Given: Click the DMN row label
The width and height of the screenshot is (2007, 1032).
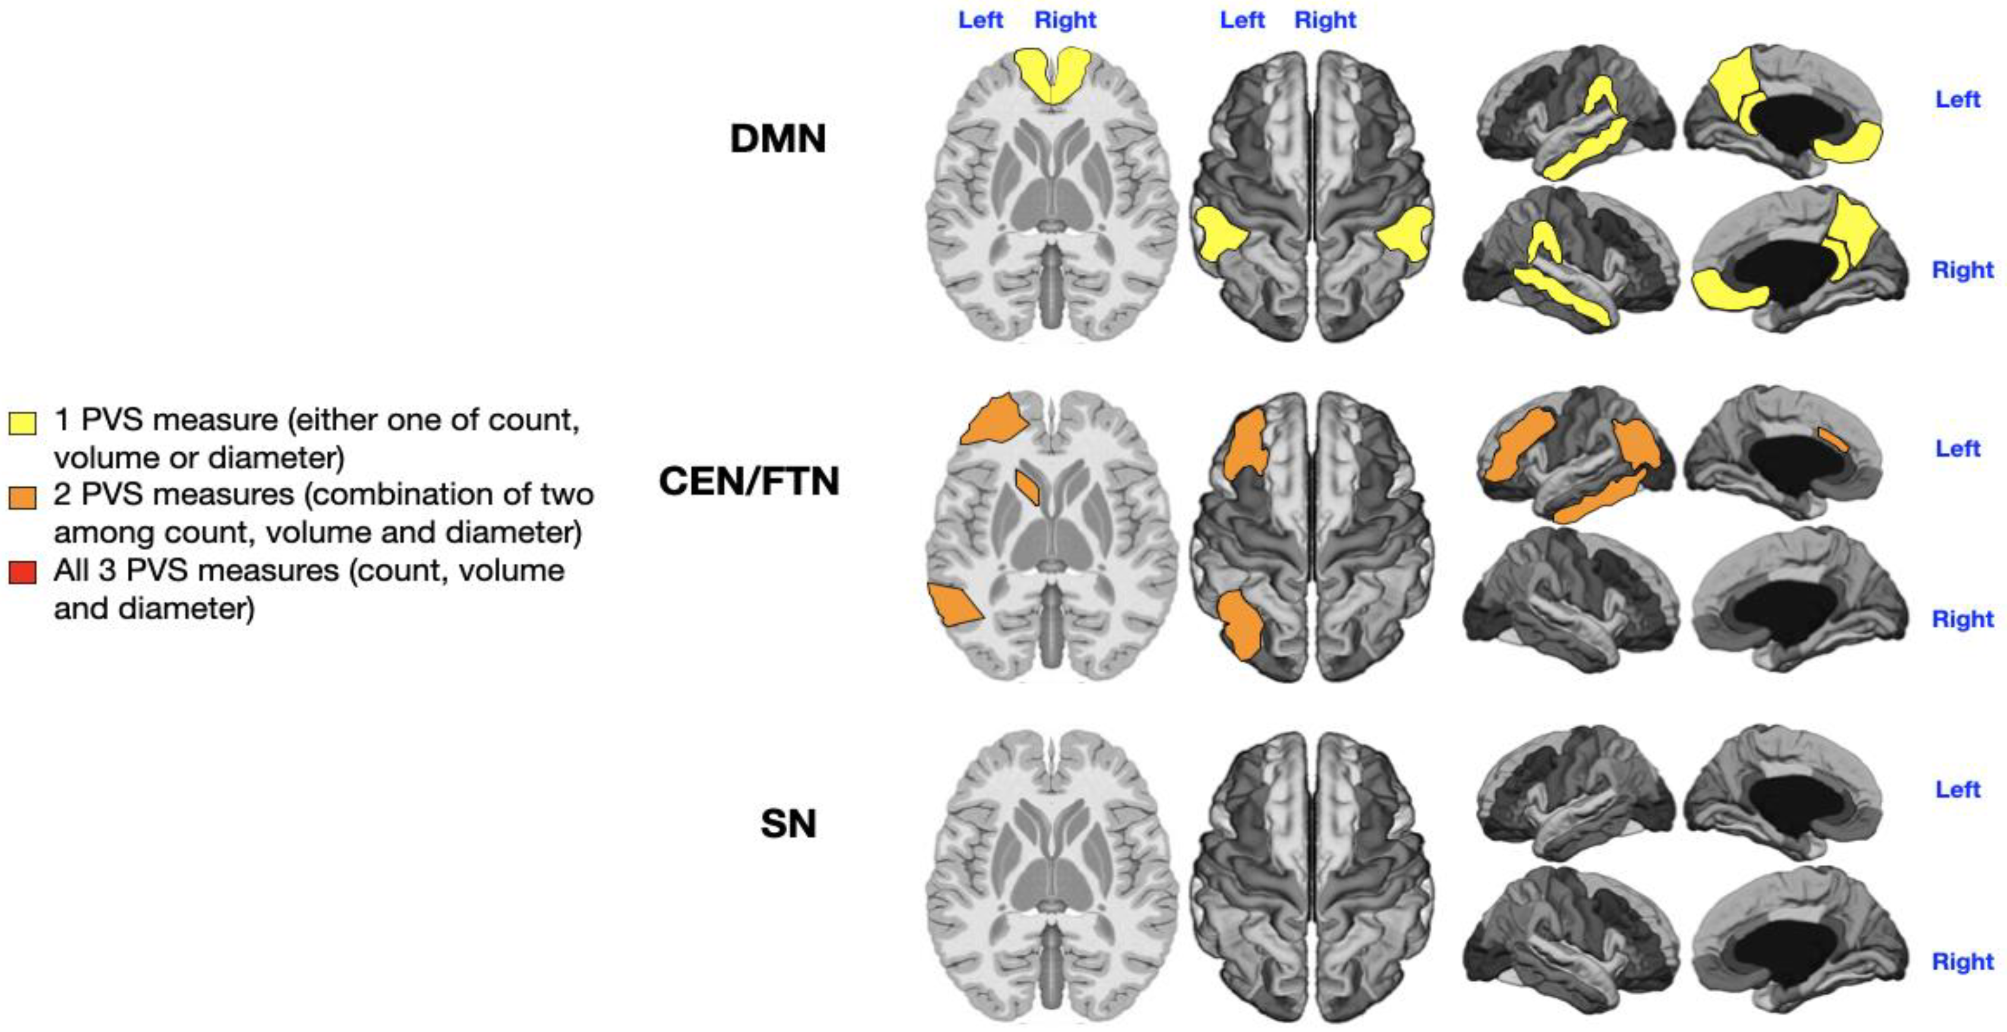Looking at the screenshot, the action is pos(778,138).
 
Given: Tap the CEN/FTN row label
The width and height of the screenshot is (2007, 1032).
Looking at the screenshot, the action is pos(749,481).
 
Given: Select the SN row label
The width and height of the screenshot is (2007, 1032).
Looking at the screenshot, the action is pos(788,823).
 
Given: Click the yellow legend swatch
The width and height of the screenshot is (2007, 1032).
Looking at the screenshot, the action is pos(22,422).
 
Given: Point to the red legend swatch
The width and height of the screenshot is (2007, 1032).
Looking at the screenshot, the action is pos(22,573).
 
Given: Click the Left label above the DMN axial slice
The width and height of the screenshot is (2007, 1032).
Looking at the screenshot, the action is pos(980,20).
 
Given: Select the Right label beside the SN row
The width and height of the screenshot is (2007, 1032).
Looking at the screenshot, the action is pos(1962,961).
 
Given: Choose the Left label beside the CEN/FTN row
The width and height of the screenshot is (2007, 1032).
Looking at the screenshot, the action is pos(1957,448).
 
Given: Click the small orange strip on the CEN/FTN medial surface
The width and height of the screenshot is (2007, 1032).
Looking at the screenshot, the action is pos(1832,438).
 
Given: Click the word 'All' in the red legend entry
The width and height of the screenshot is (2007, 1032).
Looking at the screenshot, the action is pos(70,570).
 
